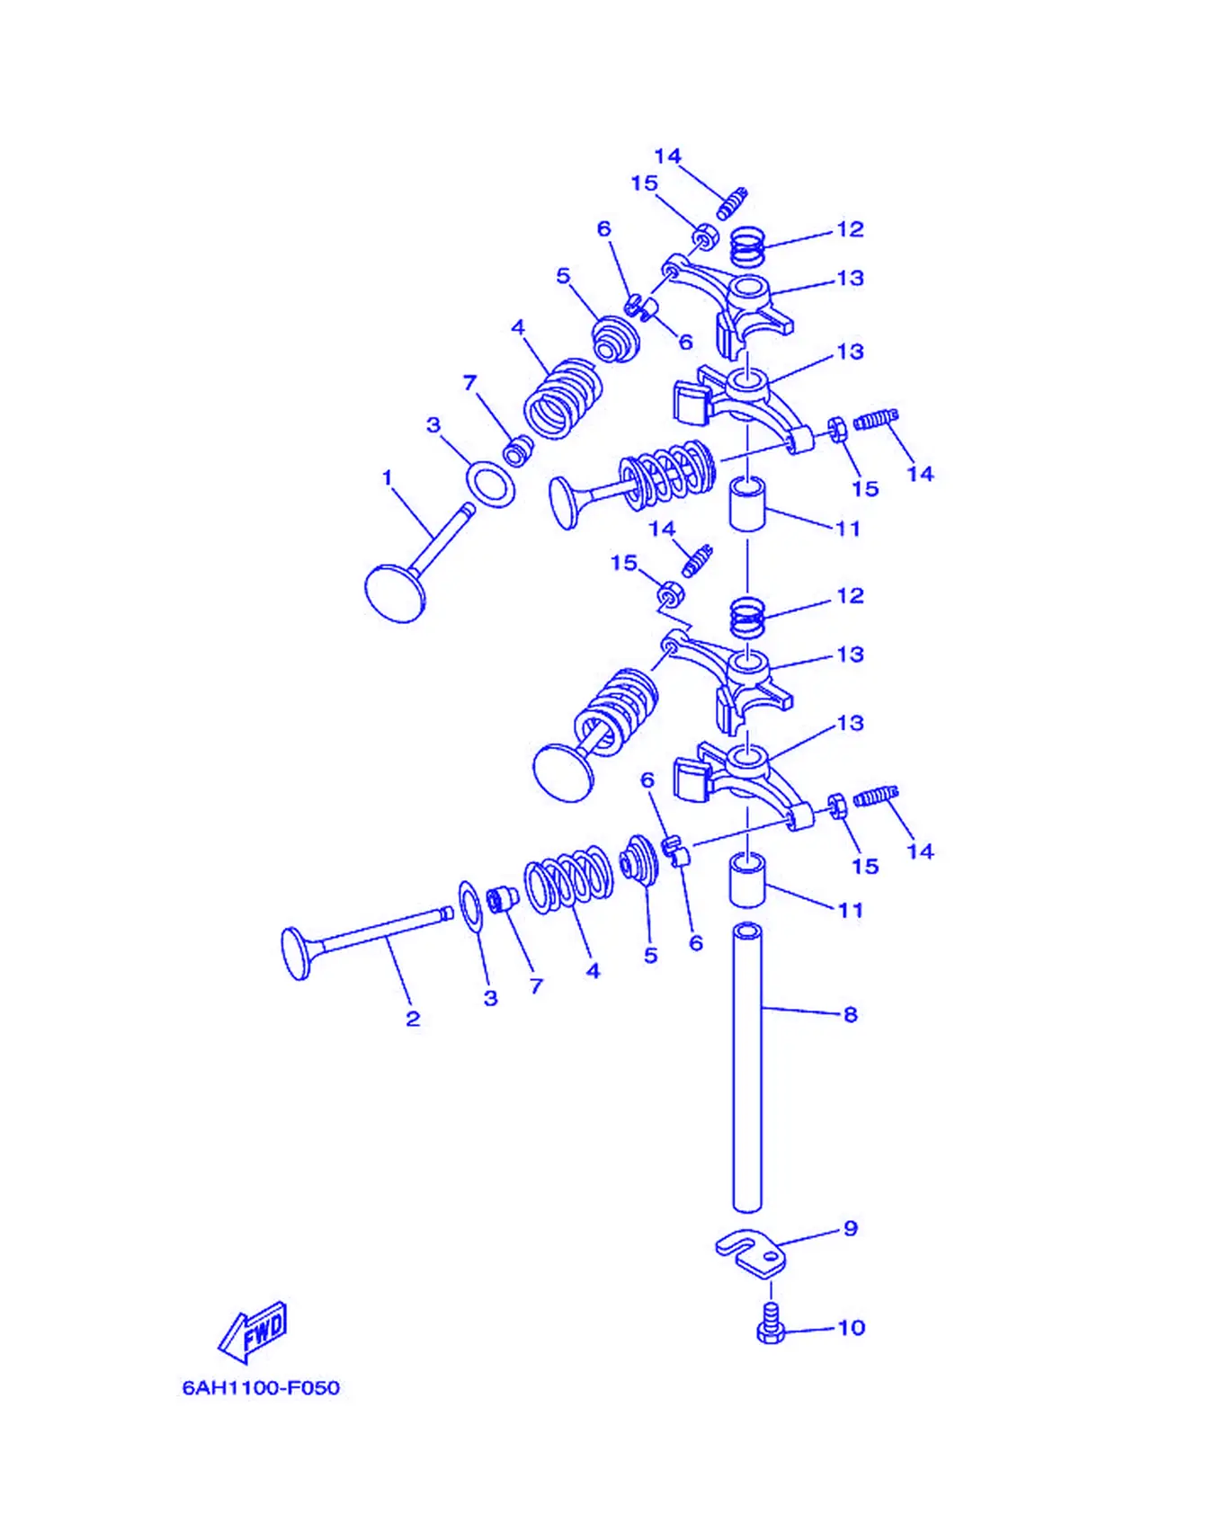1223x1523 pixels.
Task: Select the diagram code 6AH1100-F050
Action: click(261, 1387)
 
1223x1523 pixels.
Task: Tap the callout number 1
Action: click(388, 477)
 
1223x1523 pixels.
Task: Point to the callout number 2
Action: click(413, 1019)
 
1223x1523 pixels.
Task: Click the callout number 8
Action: click(851, 1014)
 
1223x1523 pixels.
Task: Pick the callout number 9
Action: click(851, 1228)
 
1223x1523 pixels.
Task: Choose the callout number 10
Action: click(851, 1327)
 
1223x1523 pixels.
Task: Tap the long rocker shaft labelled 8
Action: click(747, 1067)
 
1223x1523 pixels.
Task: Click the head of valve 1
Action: click(394, 592)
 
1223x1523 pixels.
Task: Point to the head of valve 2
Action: click(296, 954)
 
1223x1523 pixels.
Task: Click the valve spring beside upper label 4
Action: click(563, 398)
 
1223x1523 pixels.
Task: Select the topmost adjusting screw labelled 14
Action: click(732, 203)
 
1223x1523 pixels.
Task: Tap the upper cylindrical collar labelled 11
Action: click(746, 505)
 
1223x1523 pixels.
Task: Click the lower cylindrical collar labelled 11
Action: click(746, 881)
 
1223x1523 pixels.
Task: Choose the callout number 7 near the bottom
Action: click(536, 986)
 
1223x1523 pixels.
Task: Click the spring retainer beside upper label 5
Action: click(615, 338)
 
